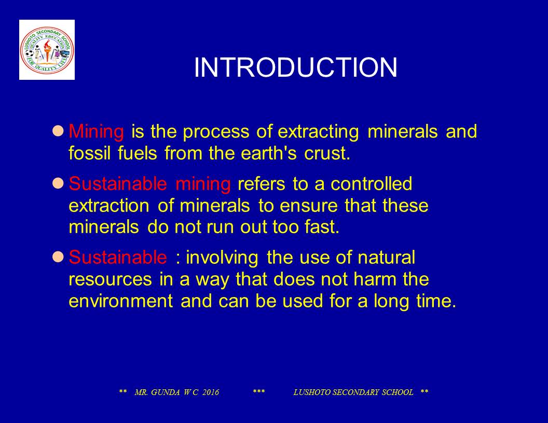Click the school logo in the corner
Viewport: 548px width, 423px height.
pyautogui.click(x=47, y=50)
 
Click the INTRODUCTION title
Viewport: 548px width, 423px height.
pyautogui.click(x=296, y=68)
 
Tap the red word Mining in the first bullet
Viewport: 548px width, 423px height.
pyautogui.click(x=97, y=132)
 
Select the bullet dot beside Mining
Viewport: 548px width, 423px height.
pyautogui.click(x=59, y=130)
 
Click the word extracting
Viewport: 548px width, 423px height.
pyautogui.click(x=318, y=132)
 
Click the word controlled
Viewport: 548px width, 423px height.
pyautogui.click(x=372, y=184)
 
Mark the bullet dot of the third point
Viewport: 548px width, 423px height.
pyautogui.click(x=59, y=256)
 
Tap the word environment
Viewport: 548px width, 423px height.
pyautogui.click(x=120, y=301)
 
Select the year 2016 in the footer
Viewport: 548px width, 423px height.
pyautogui.click(x=211, y=392)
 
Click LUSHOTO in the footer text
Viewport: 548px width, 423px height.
pyautogui.click(x=311, y=392)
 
